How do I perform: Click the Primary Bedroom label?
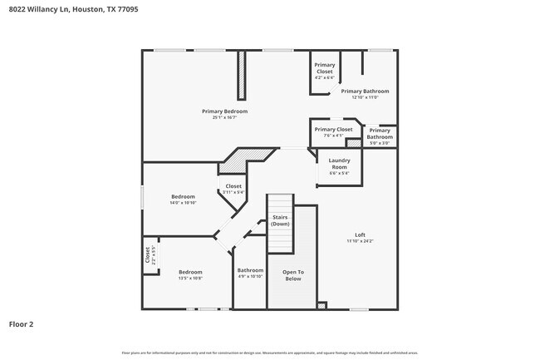pyautogui.click(x=224, y=111)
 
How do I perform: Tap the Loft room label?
pyautogui.click(x=360, y=235)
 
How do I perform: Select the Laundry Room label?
pyautogui.click(x=339, y=163)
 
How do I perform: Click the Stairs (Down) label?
pyautogui.click(x=280, y=220)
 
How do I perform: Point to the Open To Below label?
pyautogui.click(x=292, y=275)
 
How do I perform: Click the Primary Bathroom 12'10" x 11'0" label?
pyautogui.click(x=364, y=91)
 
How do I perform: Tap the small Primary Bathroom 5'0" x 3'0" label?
pyautogui.click(x=380, y=133)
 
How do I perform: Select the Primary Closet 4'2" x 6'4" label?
pyautogui.click(x=324, y=68)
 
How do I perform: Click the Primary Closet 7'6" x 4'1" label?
pyautogui.click(x=332, y=130)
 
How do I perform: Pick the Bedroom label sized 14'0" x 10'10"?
pyautogui.click(x=183, y=197)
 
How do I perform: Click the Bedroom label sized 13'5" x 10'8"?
pyautogui.click(x=190, y=272)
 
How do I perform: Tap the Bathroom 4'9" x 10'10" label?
pyautogui.click(x=250, y=270)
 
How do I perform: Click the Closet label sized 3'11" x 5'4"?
pyautogui.click(x=233, y=186)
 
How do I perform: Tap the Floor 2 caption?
pyautogui.click(x=21, y=323)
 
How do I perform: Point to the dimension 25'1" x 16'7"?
pyautogui.click(x=224, y=117)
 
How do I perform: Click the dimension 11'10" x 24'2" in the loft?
pyautogui.click(x=360, y=241)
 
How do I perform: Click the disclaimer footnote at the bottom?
pyautogui.click(x=270, y=353)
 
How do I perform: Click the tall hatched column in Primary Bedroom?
pyautogui.click(x=242, y=76)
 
